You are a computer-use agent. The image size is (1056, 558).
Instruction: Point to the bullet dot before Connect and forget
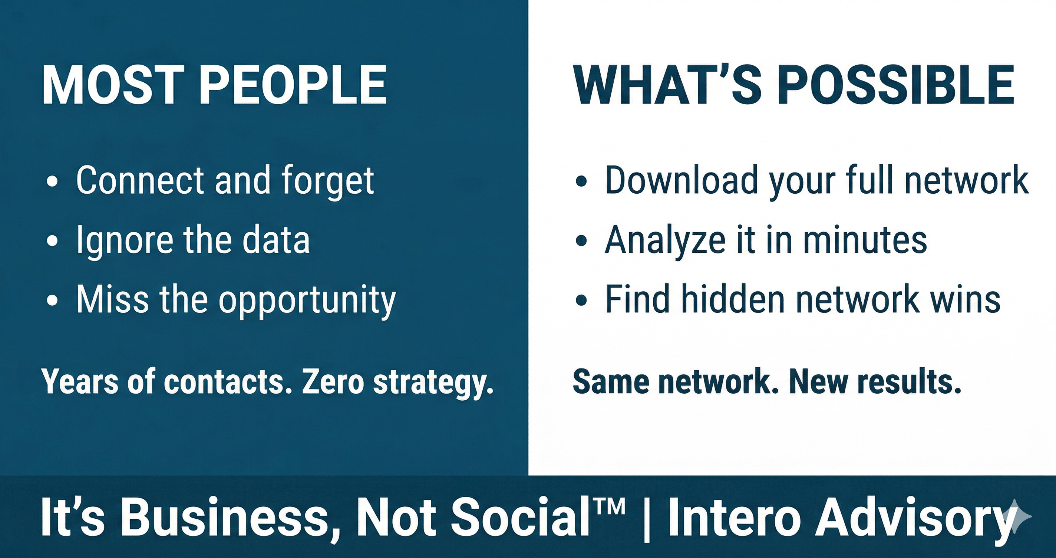[x=52, y=181]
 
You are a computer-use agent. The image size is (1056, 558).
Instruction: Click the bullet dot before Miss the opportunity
[x=52, y=300]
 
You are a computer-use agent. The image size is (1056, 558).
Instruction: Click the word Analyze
[x=664, y=241]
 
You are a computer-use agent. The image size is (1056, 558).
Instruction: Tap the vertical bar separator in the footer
[x=647, y=518]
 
